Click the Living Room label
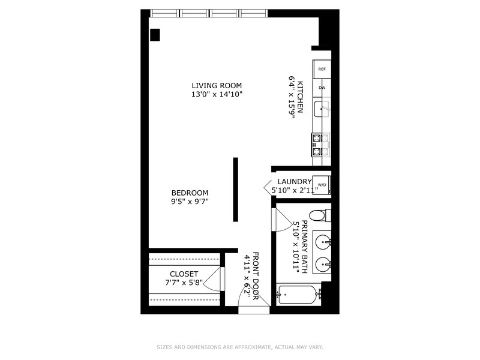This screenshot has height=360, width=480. [217, 85]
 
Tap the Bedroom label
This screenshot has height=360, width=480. [190, 193]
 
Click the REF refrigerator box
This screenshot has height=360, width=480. [322, 70]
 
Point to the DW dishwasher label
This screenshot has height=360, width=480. [322, 88]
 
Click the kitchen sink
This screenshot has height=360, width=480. [323, 109]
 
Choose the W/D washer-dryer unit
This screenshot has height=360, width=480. [322, 184]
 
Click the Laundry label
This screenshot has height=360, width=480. [294, 182]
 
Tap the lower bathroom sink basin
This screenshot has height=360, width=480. [323, 263]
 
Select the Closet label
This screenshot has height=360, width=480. [184, 274]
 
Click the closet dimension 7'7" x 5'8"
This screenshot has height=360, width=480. [184, 283]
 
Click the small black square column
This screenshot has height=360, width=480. [155, 35]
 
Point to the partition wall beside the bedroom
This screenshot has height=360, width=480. [236, 189]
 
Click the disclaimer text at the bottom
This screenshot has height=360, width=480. [240, 347]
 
